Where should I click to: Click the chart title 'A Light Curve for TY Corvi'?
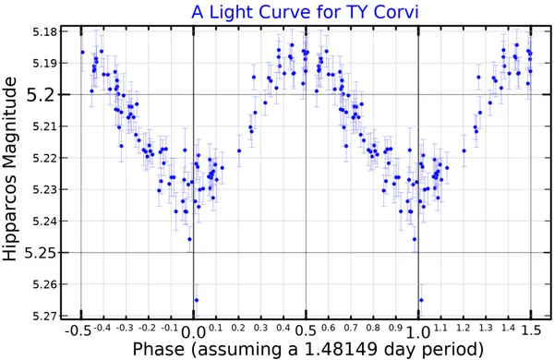(305, 12)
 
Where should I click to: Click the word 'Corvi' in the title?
(396, 12)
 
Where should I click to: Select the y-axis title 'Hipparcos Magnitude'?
(10, 169)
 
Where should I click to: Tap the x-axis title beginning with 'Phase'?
(307, 349)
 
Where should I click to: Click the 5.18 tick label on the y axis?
(44, 32)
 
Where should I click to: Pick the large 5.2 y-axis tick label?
(42, 95)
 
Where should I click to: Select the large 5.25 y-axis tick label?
(41, 253)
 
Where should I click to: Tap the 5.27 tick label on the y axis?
(44, 316)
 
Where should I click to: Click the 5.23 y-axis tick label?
(44, 190)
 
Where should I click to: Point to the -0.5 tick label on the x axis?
(78, 330)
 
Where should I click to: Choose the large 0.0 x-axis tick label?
(193, 332)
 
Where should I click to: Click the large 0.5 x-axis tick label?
(306, 330)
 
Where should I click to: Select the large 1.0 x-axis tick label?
(418, 332)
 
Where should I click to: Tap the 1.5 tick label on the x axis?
(531, 330)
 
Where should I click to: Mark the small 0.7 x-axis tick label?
(351, 328)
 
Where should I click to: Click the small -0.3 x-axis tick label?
(125, 328)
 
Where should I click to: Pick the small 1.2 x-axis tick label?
(464, 328)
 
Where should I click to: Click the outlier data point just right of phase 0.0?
(197, 300)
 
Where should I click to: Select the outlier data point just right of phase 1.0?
(421, 300)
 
